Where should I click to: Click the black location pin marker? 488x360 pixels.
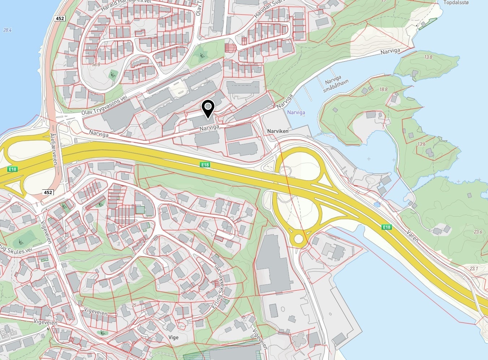(x=208, y=108)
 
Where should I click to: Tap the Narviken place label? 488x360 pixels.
(x=278, y=131)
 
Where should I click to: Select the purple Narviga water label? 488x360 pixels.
(x=296, y=112)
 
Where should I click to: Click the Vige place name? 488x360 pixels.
(x=174, y=338)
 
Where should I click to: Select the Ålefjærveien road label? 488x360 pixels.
(x=54, y=149)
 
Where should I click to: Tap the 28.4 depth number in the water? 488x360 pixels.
(x=7, y=30)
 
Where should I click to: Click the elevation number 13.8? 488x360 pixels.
(x=428, y=57)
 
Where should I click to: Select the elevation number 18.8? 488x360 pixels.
(x=384, y=89)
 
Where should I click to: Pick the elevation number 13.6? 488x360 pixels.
(x=421, y=144)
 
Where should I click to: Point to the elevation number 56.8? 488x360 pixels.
(x=96, y=64)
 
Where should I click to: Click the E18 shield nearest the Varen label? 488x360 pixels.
(x=386, y=227)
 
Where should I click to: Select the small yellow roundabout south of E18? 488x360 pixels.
(x=299, y=239)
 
